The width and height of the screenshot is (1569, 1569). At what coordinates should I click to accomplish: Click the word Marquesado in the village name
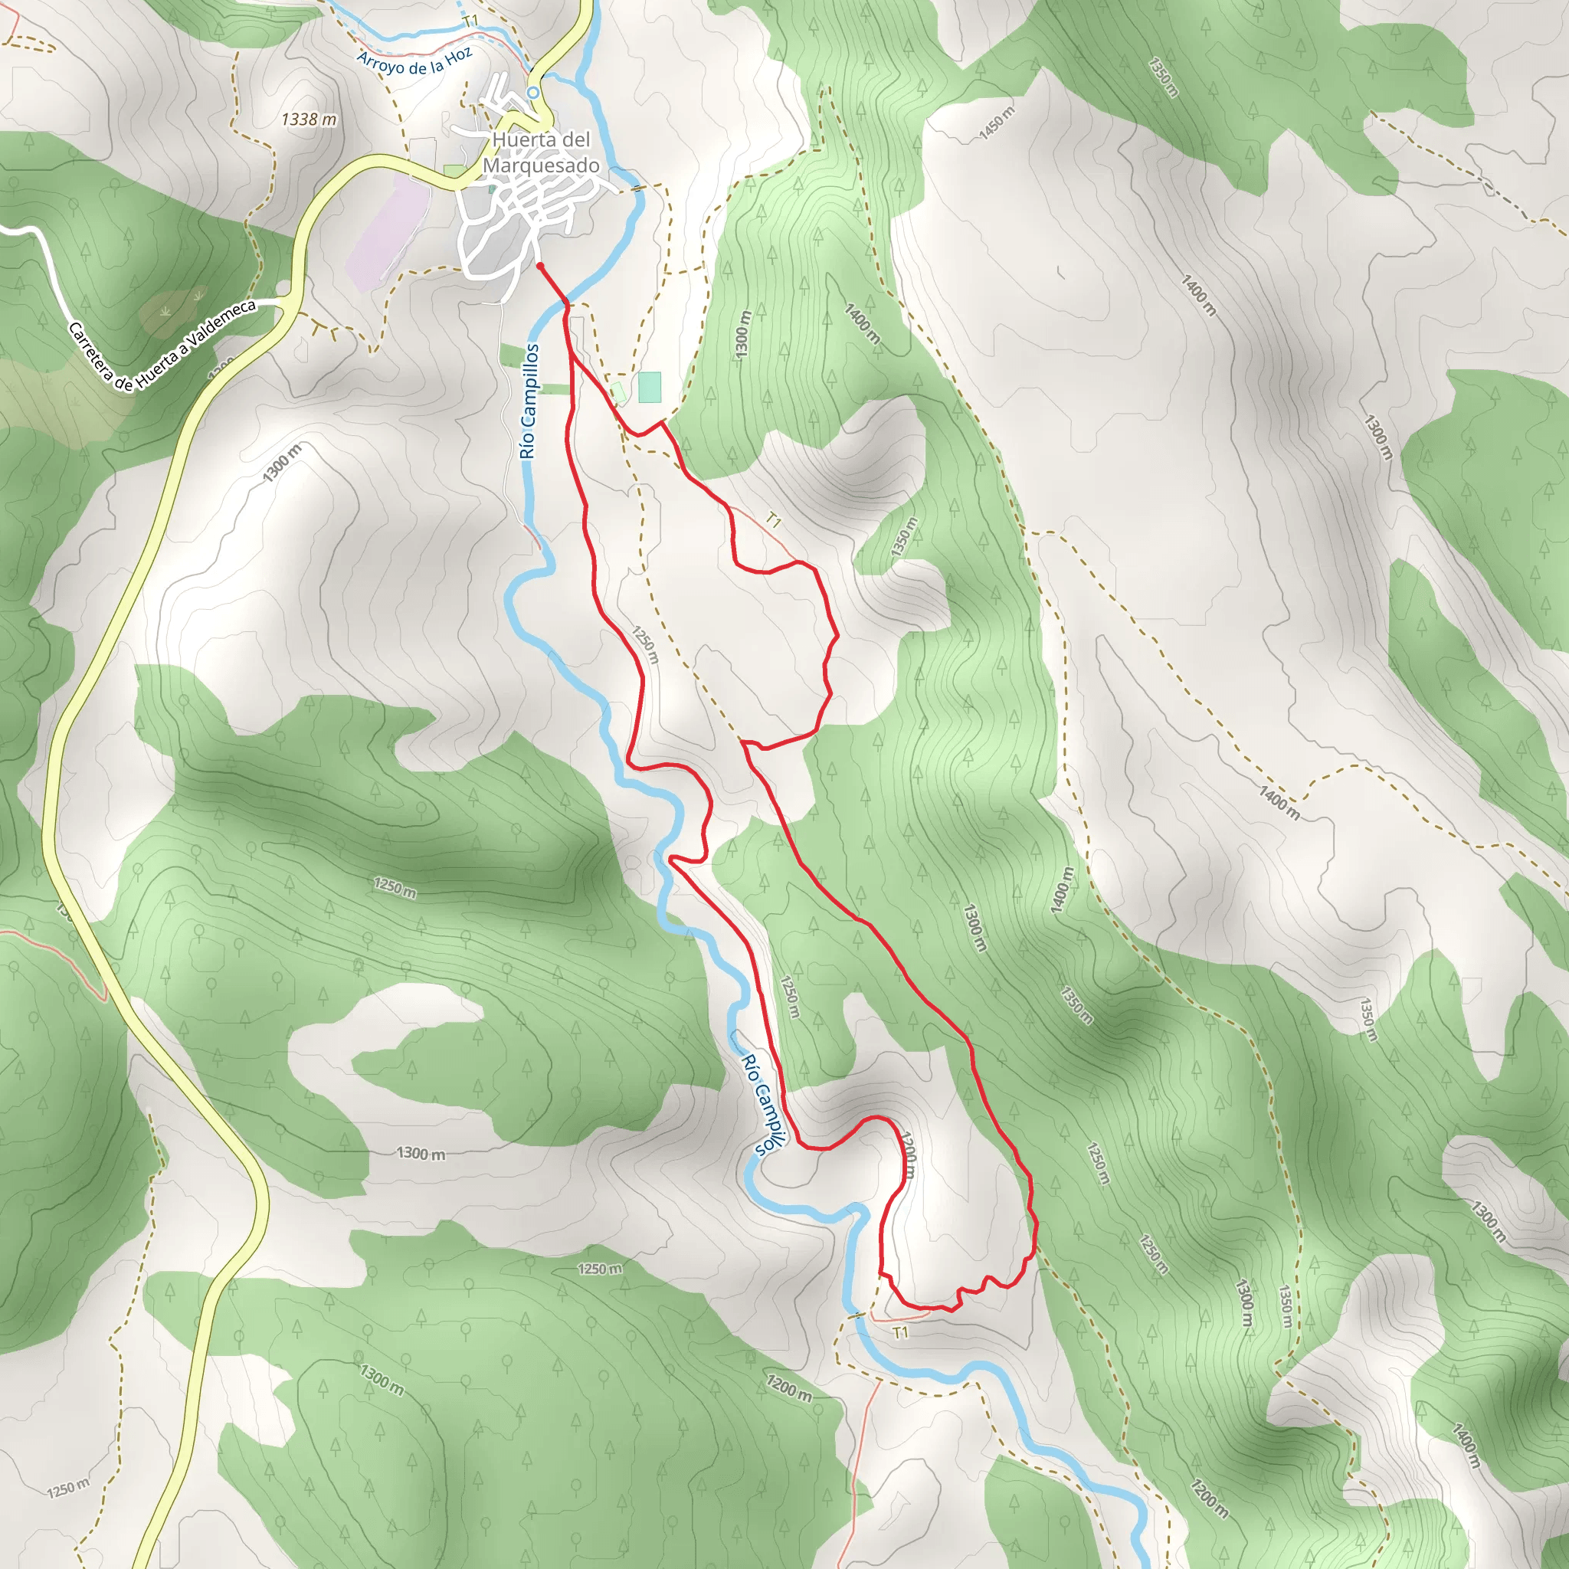coord(541,165)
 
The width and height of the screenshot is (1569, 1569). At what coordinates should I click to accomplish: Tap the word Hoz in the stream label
coord(458,56)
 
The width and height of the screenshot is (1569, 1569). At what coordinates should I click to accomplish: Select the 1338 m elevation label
coord(309,120)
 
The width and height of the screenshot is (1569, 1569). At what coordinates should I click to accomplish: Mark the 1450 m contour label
coord(997,123)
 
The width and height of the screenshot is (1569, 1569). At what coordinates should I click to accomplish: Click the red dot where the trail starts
coord(540,266)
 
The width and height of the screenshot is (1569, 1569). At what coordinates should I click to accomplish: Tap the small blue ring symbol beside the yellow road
coord(532,93)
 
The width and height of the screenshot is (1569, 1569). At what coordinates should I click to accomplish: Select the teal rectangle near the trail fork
coord(650,388)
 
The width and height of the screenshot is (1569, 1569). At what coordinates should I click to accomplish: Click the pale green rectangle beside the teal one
coord(619,393)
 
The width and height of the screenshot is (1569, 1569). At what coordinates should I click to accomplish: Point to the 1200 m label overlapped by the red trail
coord(909,1154)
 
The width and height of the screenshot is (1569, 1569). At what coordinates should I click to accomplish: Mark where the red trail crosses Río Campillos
coord(566,305)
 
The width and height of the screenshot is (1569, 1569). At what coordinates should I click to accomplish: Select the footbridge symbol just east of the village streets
coord(639,188)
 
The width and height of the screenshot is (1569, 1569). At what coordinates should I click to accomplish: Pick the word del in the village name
coord(576,139)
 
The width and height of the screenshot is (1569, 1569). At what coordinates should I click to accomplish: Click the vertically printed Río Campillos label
coord(529,401)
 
